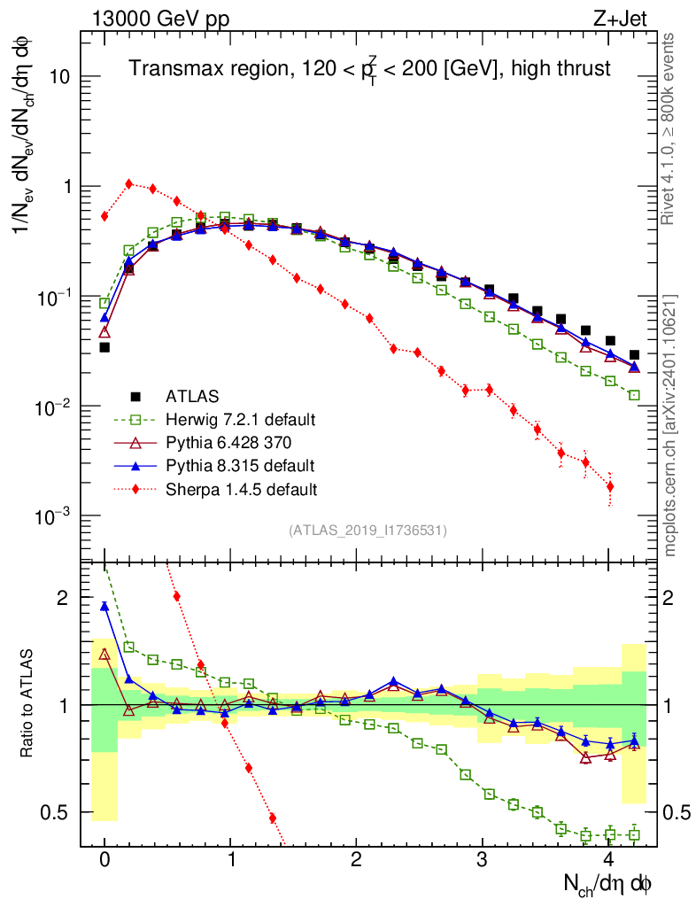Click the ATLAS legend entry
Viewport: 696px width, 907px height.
(x=191, y=396)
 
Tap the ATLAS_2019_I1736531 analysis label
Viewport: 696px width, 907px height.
(x=367, y=531)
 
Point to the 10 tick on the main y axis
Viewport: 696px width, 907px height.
(x=59, y=77)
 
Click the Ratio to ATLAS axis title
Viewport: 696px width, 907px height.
(x=27, y=706)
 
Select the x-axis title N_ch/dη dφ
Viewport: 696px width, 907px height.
(x=608, y=883)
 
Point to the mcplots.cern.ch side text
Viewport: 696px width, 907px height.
(x=670, y=425)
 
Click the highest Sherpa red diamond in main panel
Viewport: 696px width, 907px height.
(x=129, y=184)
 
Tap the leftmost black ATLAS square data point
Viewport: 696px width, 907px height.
(x=104, y=347)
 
